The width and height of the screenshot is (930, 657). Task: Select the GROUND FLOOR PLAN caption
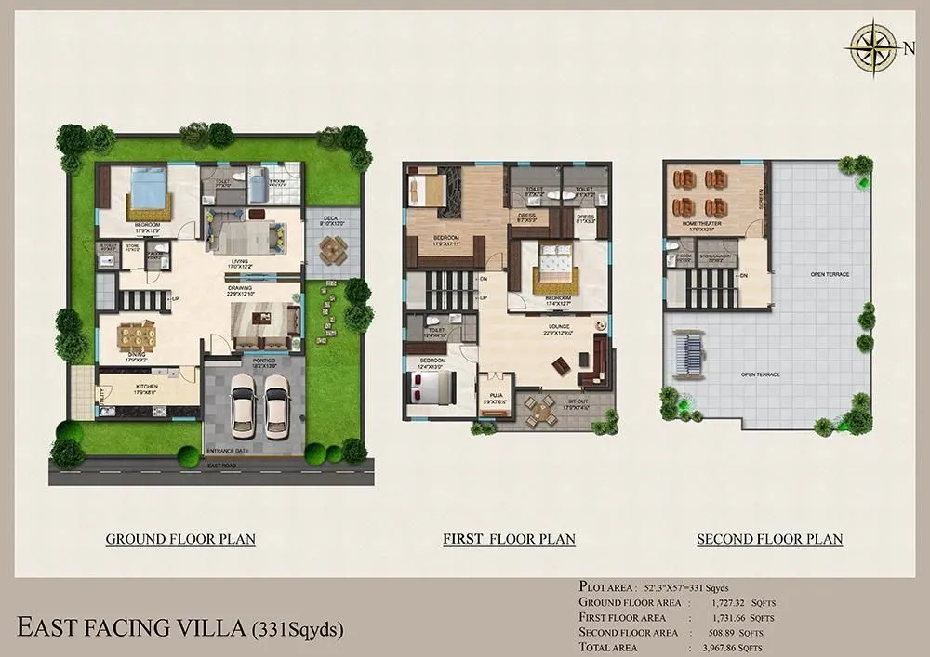tap(180, 539)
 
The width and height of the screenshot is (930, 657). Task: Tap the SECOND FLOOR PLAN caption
tap(770, 539)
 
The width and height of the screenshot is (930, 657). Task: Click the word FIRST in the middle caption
tap(465, 539)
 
